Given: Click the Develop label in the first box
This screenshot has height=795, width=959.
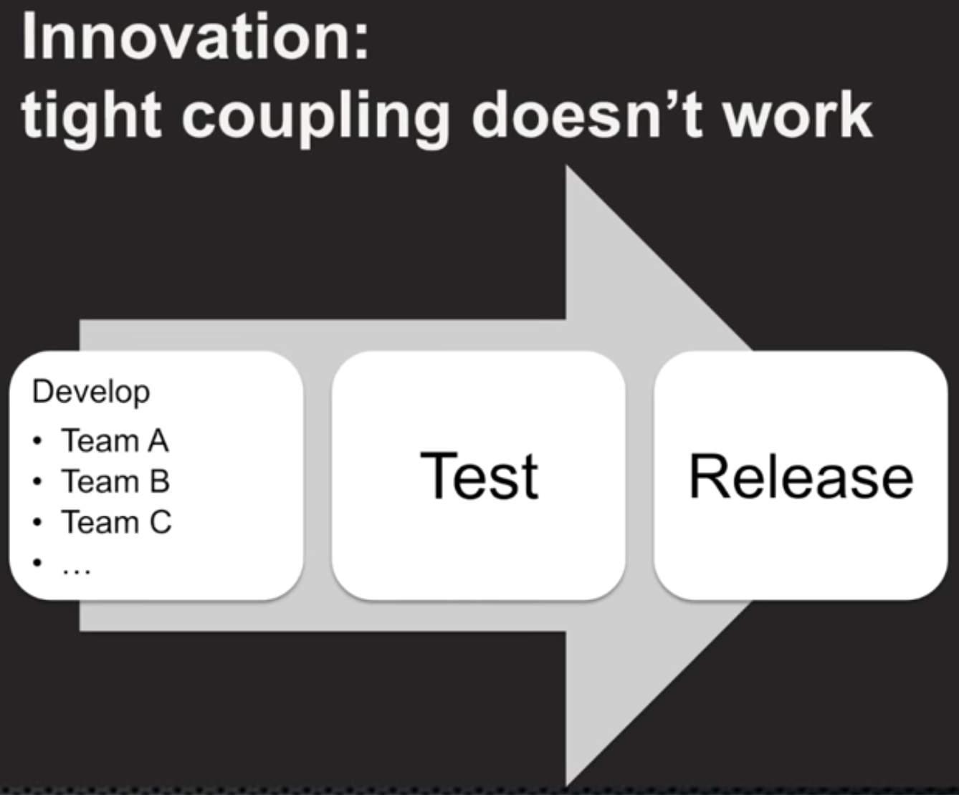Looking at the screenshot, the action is pos(91,393).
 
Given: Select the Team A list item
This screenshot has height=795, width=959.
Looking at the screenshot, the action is pos(115,440).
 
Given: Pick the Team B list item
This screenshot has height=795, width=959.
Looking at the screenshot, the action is pos(115,481).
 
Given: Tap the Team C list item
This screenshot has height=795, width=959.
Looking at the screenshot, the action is pos(116,522).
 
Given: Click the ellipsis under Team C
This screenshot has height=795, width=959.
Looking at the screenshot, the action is pos(76,571).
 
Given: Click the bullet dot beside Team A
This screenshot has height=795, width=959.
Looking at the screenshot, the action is pos(38,441).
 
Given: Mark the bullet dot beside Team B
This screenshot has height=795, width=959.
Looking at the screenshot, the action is pos(38,482).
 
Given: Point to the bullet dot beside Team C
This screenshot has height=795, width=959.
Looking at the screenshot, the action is pos(38,522).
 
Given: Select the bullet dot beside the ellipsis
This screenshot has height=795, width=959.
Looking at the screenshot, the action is pos(38,563).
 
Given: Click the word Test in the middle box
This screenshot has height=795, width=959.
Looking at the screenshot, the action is pos(479,476).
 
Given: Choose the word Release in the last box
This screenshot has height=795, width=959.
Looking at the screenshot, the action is pos(801,476).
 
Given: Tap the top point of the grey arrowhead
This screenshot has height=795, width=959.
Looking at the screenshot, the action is pos(567,166).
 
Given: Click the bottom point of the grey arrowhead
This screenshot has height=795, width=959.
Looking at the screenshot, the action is pos(567,786).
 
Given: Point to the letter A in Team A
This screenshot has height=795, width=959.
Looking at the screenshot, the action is pos(158,440).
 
